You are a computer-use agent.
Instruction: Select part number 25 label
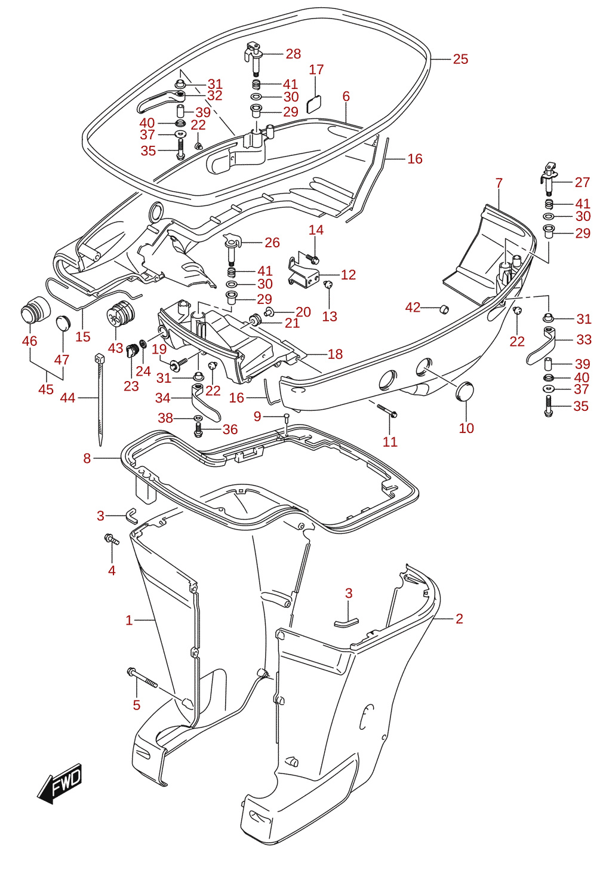pos(460,59)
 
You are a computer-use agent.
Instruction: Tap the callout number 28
pos(293,54)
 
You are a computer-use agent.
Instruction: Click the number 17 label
pos(316,70)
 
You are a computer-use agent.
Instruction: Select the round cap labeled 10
pos(465,392)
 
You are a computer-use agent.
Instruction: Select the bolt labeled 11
pos(387,410)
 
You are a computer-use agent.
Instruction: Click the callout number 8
pos(87,459)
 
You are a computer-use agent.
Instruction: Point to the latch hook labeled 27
pos(549,179)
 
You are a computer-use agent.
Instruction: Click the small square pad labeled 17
pos(315,104)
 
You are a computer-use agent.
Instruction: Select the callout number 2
pos(459,619)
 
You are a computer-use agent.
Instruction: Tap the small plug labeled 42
pos(444,309)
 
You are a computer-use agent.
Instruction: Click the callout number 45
pos(46,389)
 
